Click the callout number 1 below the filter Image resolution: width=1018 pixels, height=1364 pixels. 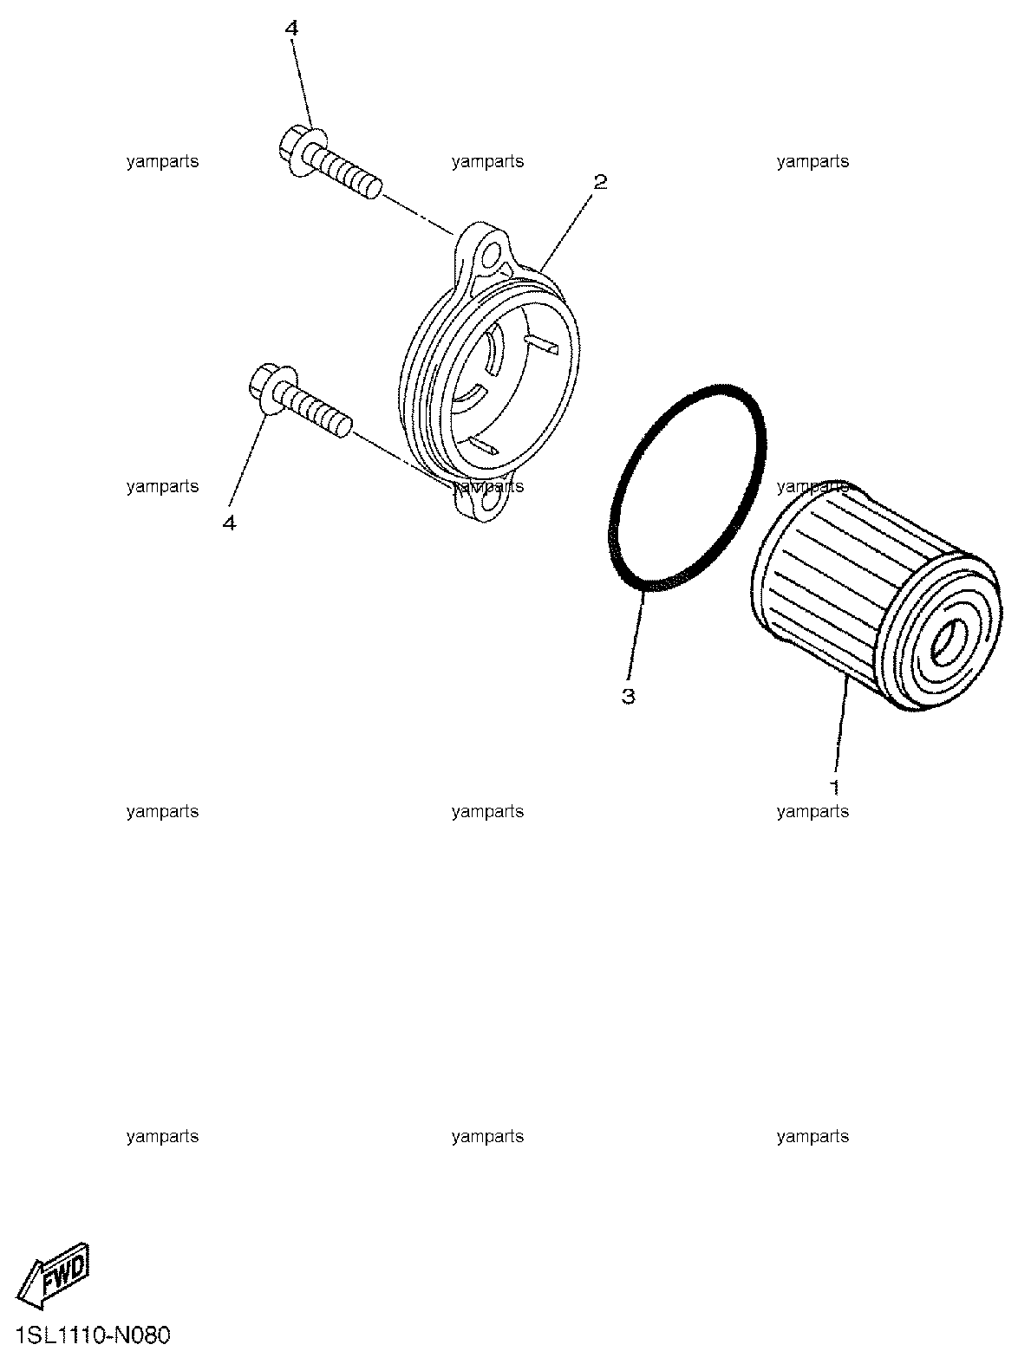(835, 788)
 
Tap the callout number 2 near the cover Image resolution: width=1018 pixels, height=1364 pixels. (600, 182)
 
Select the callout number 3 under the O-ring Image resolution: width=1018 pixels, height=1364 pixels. (629, 697)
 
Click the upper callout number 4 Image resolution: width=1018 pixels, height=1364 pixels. (291, 29)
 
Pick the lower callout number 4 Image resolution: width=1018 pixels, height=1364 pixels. (229, 524)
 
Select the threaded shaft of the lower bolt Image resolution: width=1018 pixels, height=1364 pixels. (314, 410)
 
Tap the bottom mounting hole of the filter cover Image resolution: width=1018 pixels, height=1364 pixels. (493, 501)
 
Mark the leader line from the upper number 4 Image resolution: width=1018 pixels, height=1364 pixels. (303, 84)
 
